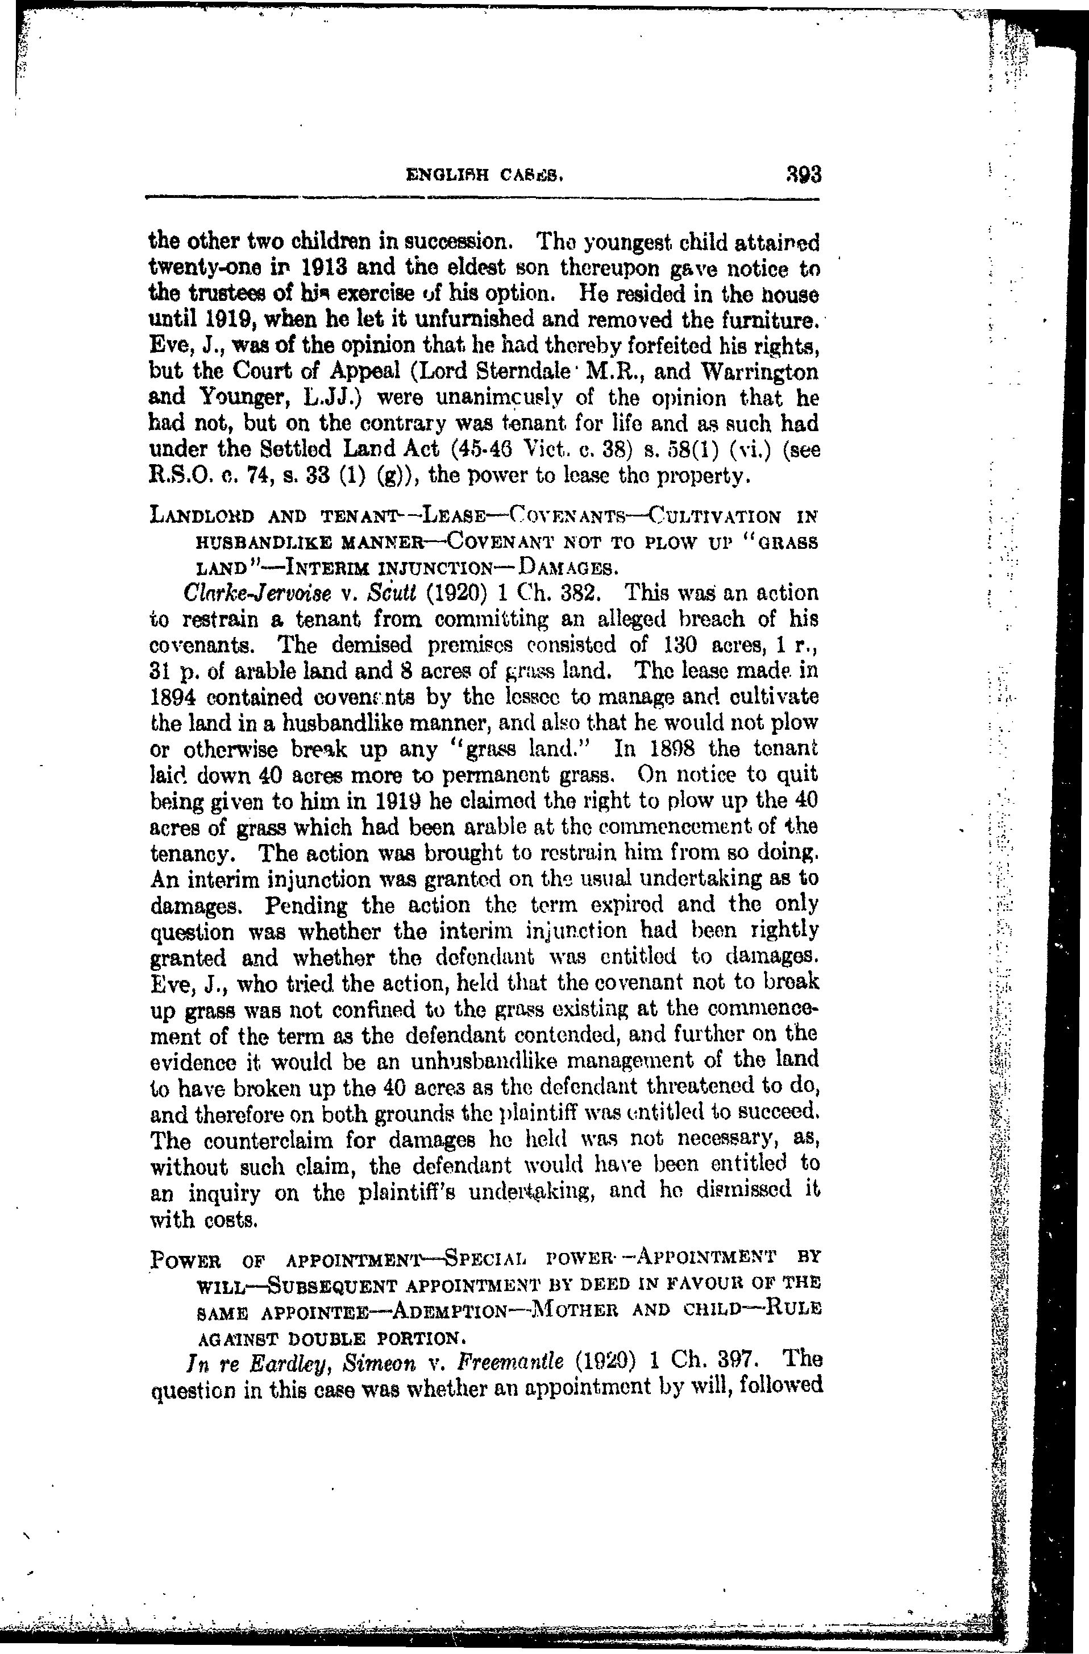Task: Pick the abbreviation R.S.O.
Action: pyautogui.click(x=175, y=476)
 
